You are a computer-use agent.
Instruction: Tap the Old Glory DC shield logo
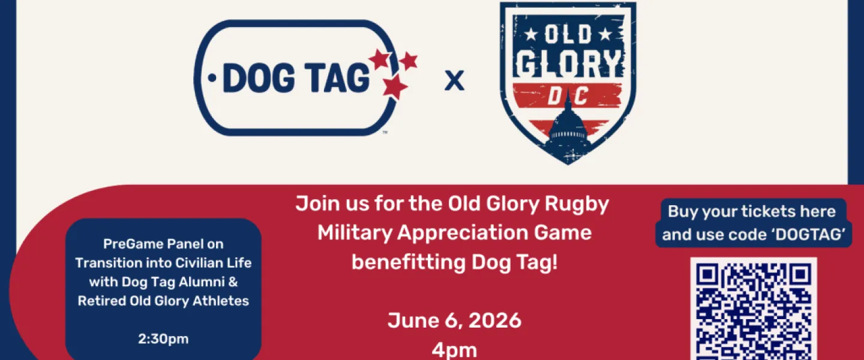[568, 83]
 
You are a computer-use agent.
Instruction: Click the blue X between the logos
[454, 80]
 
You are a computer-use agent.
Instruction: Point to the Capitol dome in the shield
[568, 127]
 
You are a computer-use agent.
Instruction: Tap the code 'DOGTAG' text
[811, 234]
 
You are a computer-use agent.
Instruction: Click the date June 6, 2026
[454, 320]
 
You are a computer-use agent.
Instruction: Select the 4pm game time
[454, 350]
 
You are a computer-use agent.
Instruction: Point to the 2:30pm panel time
[163, 339]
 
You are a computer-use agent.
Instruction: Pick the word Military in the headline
[355, 233]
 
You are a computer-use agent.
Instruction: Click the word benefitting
[409, 262]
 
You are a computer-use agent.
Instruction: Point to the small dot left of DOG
[212, 78]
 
